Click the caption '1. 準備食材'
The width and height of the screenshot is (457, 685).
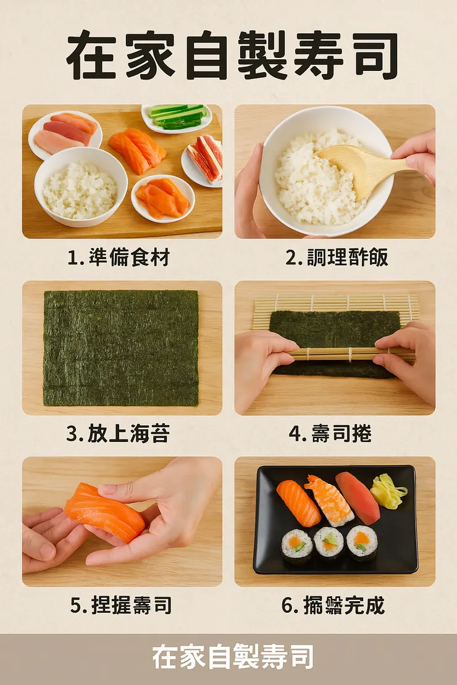tap(118, 257)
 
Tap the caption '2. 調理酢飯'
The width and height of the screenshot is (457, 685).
tap(337, 257)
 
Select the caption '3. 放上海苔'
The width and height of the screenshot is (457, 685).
tap(118, 433)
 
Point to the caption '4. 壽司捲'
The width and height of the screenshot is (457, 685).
tap(330, 433)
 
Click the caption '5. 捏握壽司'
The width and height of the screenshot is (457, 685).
tap(120, 605)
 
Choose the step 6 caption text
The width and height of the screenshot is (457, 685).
tap(333, 605)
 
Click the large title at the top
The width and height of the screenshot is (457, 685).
tap(231, 56)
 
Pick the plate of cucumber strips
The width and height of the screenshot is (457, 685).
tap(177, 117)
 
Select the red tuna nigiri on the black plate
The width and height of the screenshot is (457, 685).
tap(358, 497)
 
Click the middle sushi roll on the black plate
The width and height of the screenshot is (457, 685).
tap(329, 542)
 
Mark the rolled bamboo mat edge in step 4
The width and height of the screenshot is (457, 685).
tap(333, 354)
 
